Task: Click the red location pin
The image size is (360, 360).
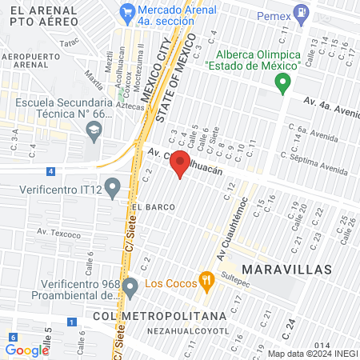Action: coord(181,163)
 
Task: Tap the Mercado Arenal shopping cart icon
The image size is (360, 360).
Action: coord(126,12)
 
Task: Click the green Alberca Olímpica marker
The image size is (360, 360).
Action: coord(282,82)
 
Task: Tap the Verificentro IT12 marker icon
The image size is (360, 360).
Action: coord(113,190)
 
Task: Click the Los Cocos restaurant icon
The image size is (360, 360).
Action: coord(206,280)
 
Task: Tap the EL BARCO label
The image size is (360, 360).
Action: coord(148,206)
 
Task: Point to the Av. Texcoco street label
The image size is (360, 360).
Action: coord(58,234)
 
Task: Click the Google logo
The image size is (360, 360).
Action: coord(27,350)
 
